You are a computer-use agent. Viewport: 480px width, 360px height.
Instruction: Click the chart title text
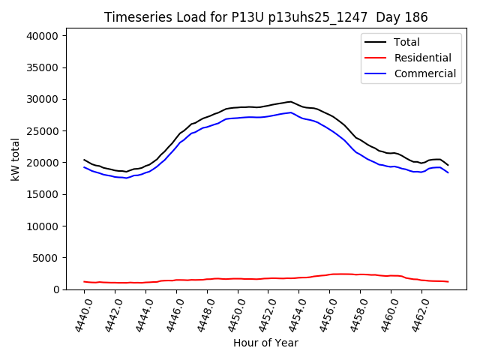pyautogui.click(x=265, y=17)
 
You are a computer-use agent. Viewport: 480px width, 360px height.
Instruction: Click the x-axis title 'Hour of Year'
pyautogui.click(x=265, y=343)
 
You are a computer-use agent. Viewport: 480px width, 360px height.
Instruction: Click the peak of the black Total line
pyautogui.click(x=290, y=101)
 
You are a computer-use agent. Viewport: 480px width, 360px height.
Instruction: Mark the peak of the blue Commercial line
pyautogui.click(x=290, y=112)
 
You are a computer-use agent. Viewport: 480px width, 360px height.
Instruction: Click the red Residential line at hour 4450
pyautogui.click(x=238, y=279)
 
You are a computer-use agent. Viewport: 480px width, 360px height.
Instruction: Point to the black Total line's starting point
pyautogui.click(x=84, y=159)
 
